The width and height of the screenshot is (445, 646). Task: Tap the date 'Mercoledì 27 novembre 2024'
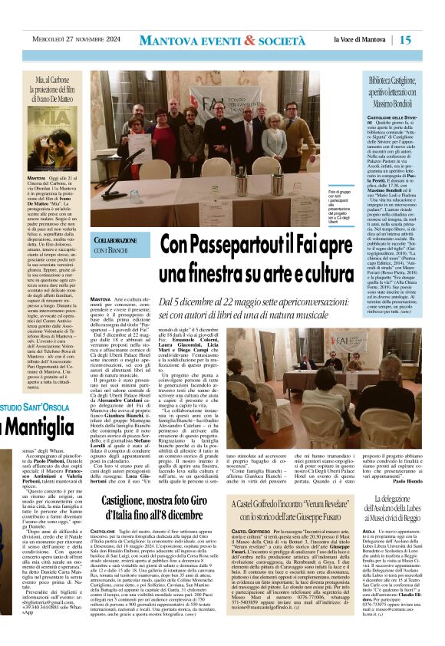(74, 40)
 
